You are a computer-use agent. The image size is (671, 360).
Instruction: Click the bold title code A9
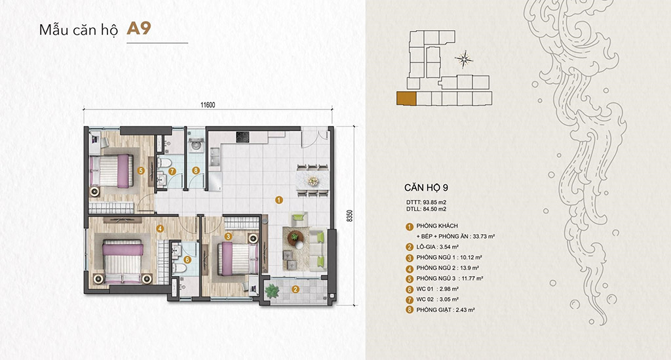click(140, 30)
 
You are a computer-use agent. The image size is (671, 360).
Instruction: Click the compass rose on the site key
click(465, 60)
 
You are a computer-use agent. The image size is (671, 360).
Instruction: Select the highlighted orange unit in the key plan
click(406, 99)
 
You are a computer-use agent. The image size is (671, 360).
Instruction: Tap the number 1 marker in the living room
click(278, 199)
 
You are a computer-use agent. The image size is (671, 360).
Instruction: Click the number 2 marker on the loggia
click(296, 289)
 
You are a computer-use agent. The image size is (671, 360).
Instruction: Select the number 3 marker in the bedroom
click(228, 235)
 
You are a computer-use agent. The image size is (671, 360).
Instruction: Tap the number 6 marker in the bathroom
click(187, 259)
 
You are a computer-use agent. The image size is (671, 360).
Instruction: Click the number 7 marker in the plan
click(172, 171)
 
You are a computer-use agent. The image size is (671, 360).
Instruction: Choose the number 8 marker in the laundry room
click(195, 171)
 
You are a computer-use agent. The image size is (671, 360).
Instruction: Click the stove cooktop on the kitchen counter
click(242, 137)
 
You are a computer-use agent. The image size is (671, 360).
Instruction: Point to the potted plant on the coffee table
click(294, 237)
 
